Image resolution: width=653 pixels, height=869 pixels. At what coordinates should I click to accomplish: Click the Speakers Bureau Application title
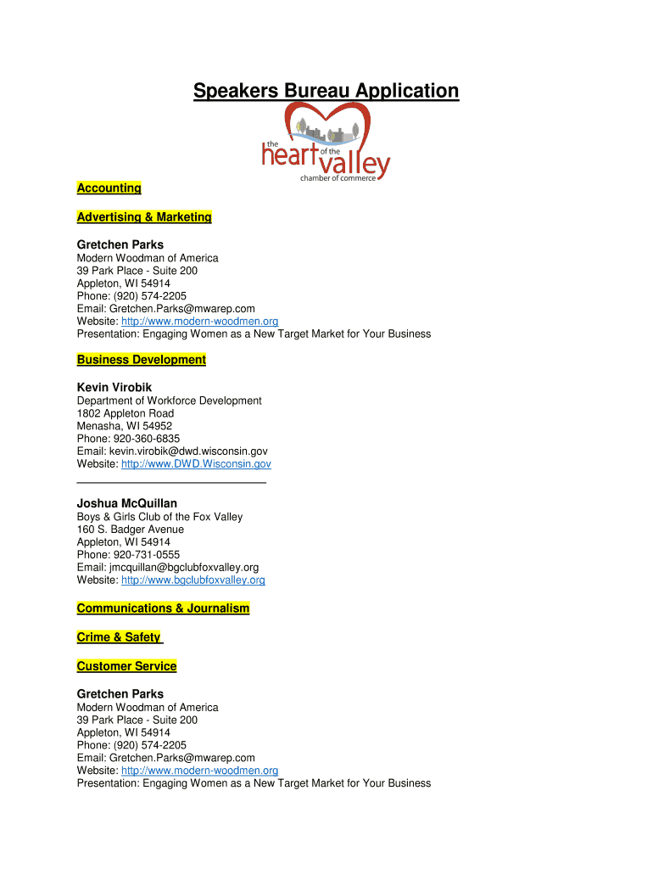tap(326, 91)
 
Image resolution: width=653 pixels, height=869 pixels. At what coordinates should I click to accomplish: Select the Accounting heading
tap(109, 188)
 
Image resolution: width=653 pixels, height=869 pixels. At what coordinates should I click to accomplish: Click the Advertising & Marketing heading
tap(144, 217)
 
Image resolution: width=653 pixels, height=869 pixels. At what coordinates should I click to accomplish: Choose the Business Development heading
tap(142, 360)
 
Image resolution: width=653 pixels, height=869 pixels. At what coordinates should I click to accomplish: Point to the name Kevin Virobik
tap(114, 387)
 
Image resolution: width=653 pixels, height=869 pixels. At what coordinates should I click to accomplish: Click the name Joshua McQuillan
tap(127, 503)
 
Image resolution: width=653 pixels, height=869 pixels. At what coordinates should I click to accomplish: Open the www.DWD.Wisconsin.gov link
tap(196, 464)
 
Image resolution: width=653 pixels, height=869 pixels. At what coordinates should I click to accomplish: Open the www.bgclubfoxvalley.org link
tap(193, 580)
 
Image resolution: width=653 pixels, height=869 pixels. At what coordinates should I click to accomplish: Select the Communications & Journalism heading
tap(163, 608)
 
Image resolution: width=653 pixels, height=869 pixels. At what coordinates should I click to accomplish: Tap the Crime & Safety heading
tap(119, 637)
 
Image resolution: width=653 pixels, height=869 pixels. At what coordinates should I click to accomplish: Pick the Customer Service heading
tap(126, 666)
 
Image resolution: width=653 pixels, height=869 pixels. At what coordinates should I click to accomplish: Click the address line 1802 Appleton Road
tap(126, 413)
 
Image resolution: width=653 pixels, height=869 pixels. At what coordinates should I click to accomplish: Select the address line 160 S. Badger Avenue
tap(131, 530)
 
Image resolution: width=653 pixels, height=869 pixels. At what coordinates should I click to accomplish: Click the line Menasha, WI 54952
tap(125, 426)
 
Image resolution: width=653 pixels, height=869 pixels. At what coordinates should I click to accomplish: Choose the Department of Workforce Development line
tap(170, 401)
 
